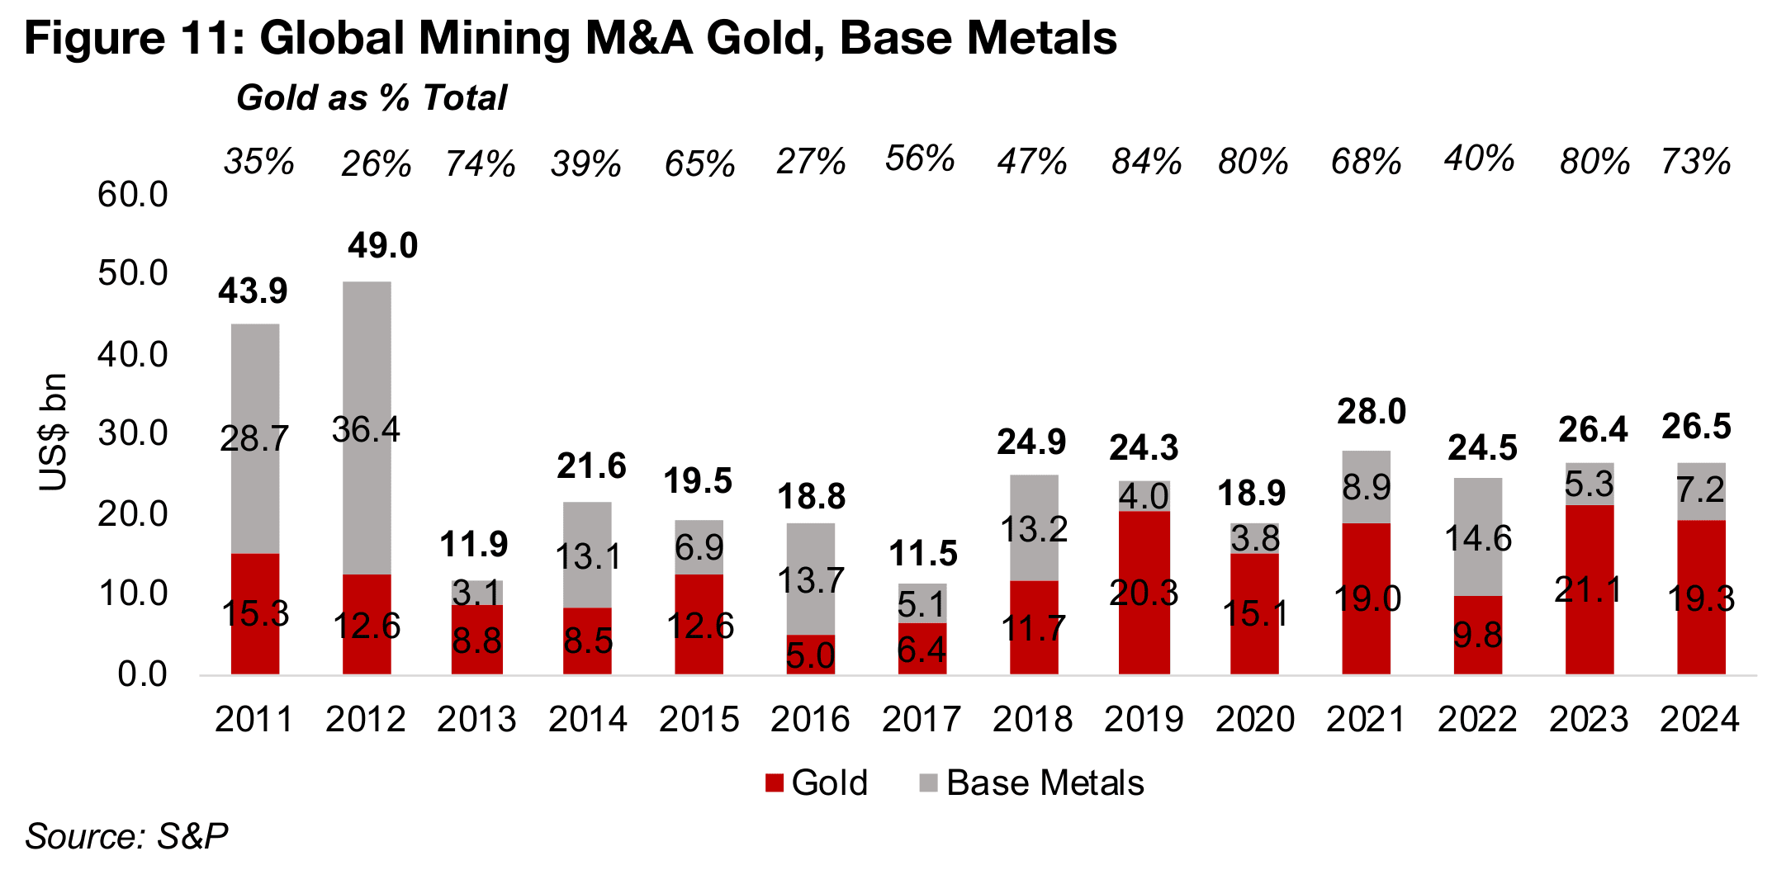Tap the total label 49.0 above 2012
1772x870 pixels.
point(382,246)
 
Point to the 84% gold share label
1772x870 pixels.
point(1146,162)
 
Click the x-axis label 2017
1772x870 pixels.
point(922,719)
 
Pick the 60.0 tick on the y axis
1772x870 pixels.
point(132,195)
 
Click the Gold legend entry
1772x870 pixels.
point(817,783)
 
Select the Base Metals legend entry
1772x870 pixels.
point(1032,783)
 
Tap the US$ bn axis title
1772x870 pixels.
point(54,432)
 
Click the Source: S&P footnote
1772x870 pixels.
point(126,836)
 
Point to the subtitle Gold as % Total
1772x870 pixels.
point(372,97)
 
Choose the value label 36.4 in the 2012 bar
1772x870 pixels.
point(366,429)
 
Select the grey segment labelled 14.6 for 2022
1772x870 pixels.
point(1478,538)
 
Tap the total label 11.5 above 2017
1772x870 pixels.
point(923,553)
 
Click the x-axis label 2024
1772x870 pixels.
point(1700,719)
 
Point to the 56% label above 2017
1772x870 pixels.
point(920,158)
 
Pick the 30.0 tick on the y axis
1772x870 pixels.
point(132,433)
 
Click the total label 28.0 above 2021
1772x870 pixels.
point(1372,412)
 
